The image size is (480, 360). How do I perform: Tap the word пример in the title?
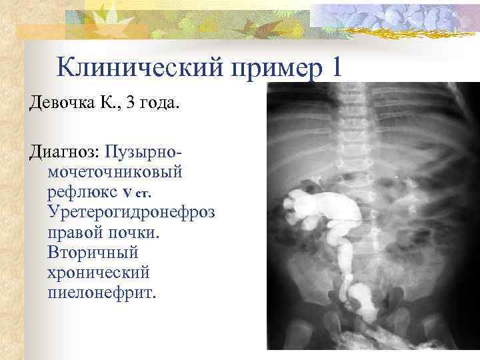pos(275,69)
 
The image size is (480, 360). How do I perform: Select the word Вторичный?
pos(92,253)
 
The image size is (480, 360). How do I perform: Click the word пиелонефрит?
pos(101,293)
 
